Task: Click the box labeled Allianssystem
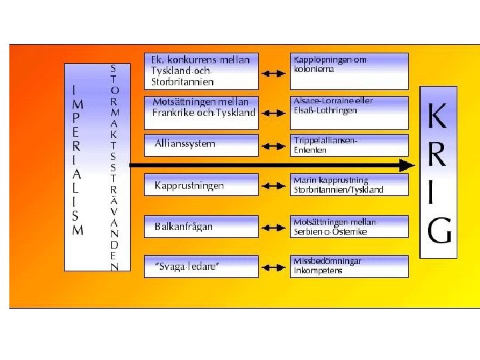(x=201, y=144)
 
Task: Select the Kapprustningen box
(x=201, y=185)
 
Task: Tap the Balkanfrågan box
(x=201, y=226)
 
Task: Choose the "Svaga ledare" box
(x=201, y=267)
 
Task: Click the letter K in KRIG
(x=437, y=119)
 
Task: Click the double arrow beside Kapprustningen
(x=273, y=185)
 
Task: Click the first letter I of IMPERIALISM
(x=77, y=89)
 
